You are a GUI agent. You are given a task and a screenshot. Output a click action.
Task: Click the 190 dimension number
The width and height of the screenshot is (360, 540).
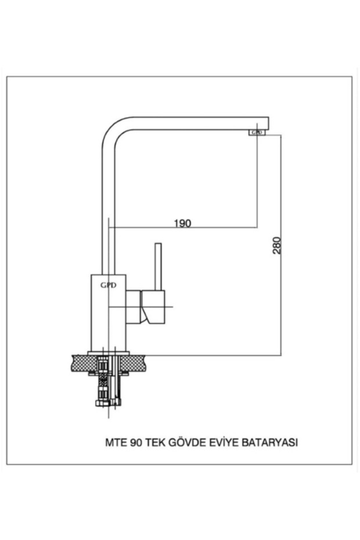click(182, 223)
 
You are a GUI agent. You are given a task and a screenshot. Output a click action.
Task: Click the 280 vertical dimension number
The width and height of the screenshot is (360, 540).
click(276, 245)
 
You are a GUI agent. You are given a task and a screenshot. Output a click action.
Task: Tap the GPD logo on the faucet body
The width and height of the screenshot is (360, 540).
click(109, 285)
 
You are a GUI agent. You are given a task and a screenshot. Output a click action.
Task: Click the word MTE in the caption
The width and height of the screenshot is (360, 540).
click(114, 442)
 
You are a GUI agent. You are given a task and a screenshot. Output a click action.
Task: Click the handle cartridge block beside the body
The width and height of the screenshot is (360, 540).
click(152, 306)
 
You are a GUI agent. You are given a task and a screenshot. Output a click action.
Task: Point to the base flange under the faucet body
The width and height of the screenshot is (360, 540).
click(109, 352)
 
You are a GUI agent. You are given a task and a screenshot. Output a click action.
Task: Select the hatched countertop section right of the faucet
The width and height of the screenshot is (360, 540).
click(142, 363)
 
